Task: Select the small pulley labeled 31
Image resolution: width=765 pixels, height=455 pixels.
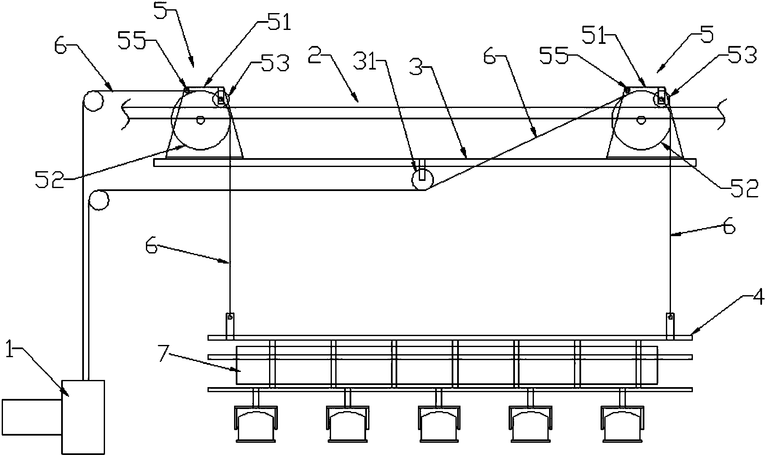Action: coord(422,180)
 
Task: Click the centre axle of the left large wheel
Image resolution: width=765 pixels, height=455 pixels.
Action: coord(201,120)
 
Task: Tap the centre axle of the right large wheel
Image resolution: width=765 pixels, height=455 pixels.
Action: coord(641,120)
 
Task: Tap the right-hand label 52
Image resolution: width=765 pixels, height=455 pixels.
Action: coord(742,188)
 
